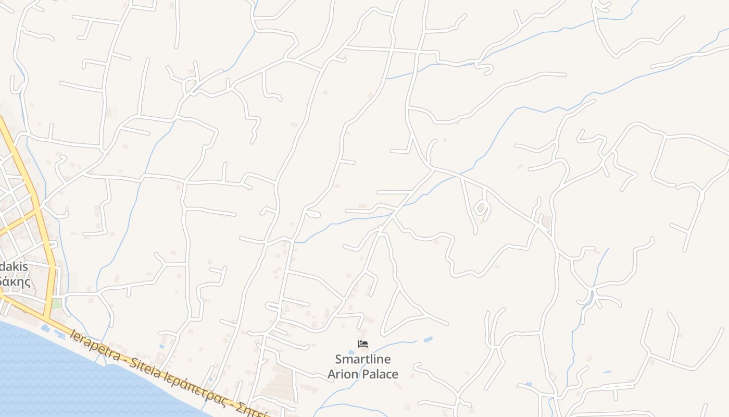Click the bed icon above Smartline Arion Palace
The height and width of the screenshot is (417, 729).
pyautogui.click(x=363, y=344)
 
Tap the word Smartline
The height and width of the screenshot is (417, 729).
pyautogui.click(x=363, y=359)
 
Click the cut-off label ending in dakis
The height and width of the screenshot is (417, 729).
pyautogui.click(x=14, y=266)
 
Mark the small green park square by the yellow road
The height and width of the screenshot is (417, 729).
pyautogui.click(x=56, y=303)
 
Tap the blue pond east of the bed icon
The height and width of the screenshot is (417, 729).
pyautogui.click(x=428, y=340)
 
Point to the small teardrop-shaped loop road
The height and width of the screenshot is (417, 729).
pyautogui.click(x=481, y=209)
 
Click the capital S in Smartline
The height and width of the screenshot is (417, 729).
pyautogui.click(x=339, y=359)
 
